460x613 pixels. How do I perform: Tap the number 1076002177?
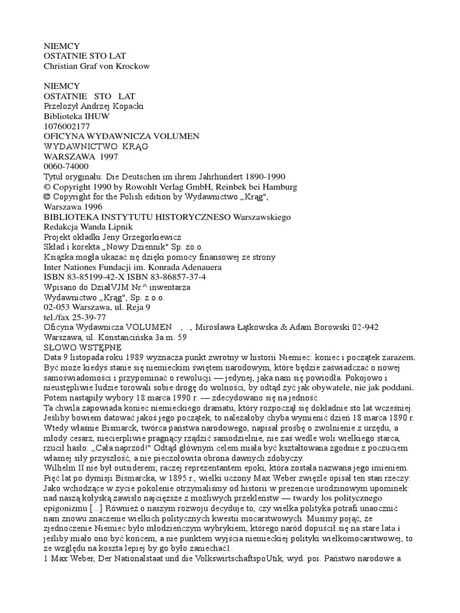point(67,126)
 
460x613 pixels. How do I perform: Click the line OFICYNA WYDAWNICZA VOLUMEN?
point(122,136)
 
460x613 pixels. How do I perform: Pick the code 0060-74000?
point(66,167)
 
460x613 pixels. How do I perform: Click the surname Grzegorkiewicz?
point(148,237)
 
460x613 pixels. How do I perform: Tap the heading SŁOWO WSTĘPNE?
point(83,347)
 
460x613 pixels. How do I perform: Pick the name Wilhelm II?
point(66,468)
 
